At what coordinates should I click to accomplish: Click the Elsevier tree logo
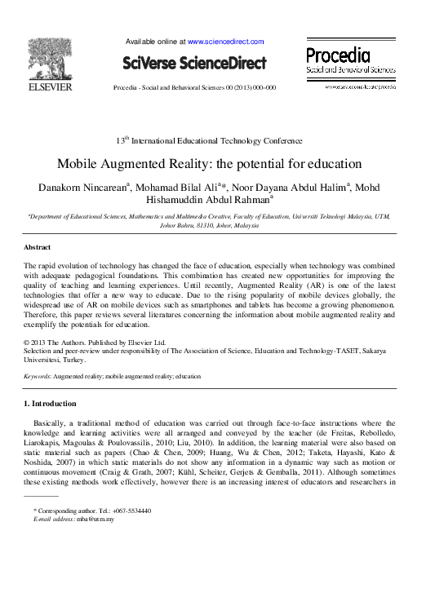coord(50,57)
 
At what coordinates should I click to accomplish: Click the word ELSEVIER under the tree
coord(50,86)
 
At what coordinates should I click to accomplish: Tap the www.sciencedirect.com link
coord(225,41)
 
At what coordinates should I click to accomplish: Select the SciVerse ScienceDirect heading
coord(194,63)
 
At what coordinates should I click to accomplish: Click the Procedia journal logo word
coord(338,55)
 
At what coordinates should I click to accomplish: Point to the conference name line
coord(221,140)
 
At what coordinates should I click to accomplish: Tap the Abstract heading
coord(37,247)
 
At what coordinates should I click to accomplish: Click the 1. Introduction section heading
coord(50,403)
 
